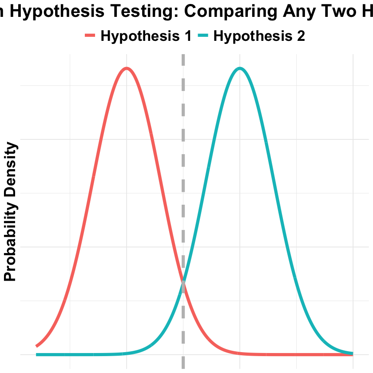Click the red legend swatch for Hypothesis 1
point(90,36)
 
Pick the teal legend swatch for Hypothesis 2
point(203,36)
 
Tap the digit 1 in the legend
point(187,36)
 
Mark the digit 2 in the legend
point(301,36)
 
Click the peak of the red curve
point(127,68)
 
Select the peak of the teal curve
point(240,68)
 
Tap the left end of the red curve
point(37,346)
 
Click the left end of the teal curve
point(37,354)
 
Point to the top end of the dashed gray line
point(183,55)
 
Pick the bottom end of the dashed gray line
point(183,368)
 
